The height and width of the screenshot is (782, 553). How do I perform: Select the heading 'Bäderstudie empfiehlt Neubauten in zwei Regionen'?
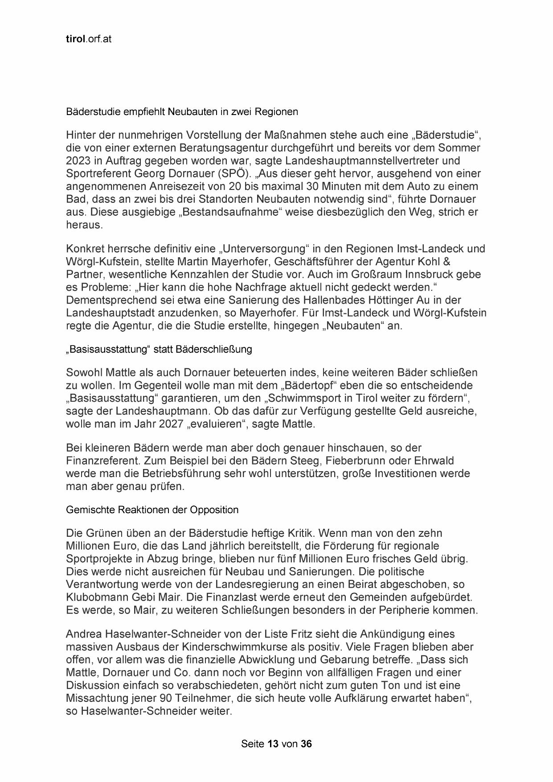tap(182, 112)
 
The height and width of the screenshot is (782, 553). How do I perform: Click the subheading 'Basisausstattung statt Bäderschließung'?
tap(159, 350)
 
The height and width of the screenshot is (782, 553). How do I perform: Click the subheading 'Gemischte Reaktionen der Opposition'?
tap(152, 510)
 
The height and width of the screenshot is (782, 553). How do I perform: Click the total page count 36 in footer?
tap(307, 744)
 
